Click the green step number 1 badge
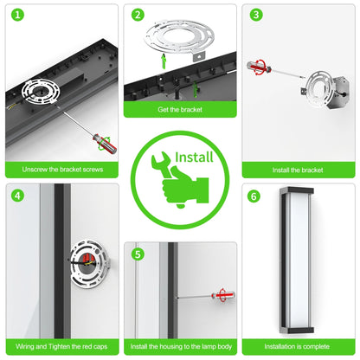pos(17,15)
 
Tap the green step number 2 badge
pos(138,15)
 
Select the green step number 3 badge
pos(256,15)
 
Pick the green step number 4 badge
pos(17,196)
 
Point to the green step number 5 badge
pos(138,254)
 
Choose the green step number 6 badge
pos(254,196)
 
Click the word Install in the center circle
pos(194,157)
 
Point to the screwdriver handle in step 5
pos(223,295)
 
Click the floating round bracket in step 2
pos(179,40)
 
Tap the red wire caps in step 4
pos(86,259)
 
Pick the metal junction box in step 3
pos(340,93)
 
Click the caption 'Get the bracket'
pos(180,110)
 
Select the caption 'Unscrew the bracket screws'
pos(62,170)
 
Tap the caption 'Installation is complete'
pos(297,346)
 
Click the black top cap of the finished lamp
pos(297,190)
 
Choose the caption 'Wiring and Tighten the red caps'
pos(61,346)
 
